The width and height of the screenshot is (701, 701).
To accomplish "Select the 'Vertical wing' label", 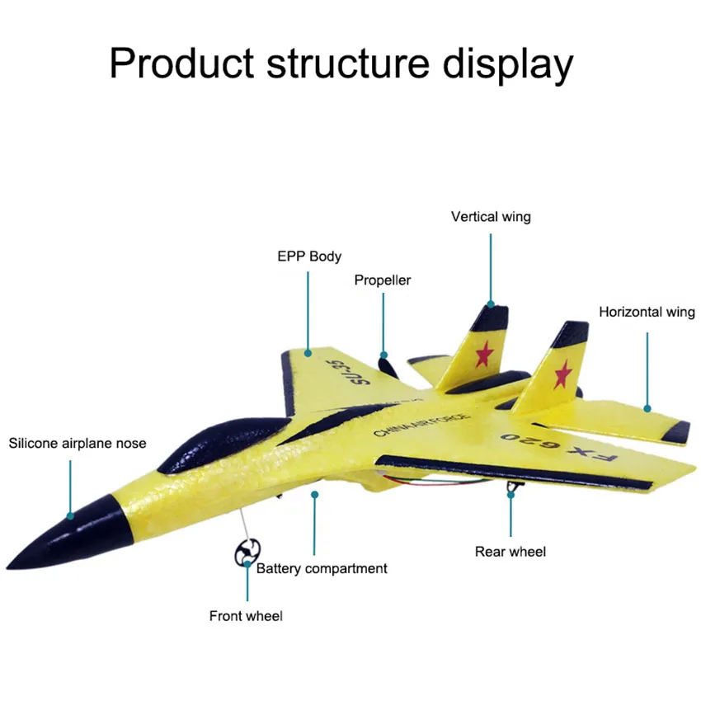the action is click(491, 217).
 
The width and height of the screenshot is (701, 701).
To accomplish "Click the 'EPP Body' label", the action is click(309, 256).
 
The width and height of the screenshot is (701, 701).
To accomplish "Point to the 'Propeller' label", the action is click(383, 280).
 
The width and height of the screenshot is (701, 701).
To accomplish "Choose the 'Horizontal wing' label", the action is click(647, 313).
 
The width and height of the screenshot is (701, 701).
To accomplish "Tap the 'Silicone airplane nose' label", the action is click(78, 444).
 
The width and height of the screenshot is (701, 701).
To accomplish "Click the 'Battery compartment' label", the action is click(322, 568).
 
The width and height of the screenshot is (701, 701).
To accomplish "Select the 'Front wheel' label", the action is click(246, 616).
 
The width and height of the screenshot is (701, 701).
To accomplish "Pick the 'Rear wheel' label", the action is click(510, 552).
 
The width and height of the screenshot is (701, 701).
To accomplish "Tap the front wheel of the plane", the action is click(247, 552).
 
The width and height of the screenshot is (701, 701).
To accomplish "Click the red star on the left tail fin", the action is click(483, 354).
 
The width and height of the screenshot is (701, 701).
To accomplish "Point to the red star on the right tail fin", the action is click(563, 375).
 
